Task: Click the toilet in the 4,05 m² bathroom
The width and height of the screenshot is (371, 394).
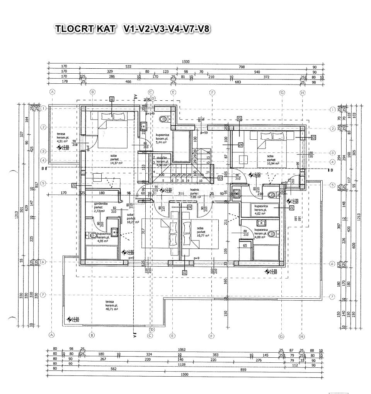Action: (x=93, y=235)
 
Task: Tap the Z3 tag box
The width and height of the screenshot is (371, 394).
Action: (x=220, y=178)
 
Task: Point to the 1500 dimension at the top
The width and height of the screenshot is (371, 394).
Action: (x=185, y=62)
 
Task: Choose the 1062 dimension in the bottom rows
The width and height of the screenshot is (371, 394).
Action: (x=182, y=350)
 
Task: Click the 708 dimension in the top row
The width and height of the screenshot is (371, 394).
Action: (x=242, y=67)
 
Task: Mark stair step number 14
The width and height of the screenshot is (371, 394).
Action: (x=208, y=152)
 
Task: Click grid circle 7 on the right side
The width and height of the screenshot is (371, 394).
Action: (x=332, y=296)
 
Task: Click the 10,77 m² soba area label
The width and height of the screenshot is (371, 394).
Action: (x=203, y=235)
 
